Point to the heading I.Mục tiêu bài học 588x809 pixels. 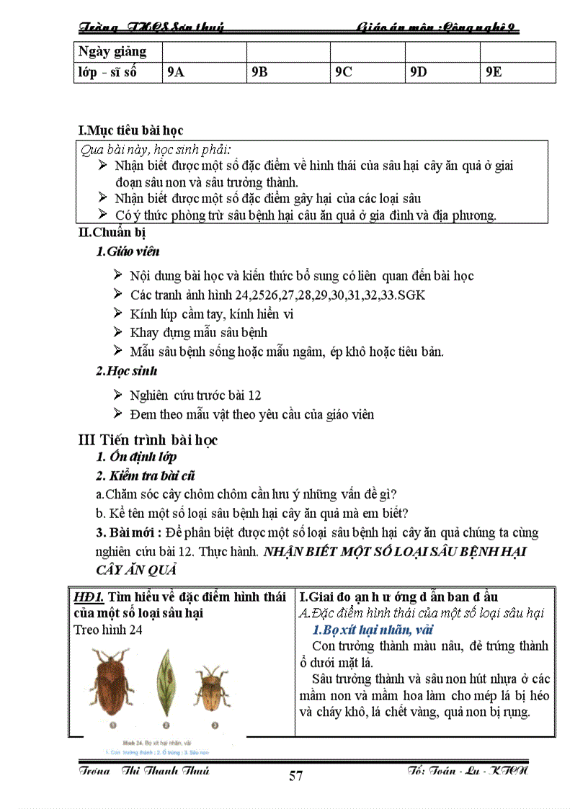[x=130, y=130]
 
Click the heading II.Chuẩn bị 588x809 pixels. [x=112, y=233]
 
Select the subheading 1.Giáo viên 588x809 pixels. [x=128, y=251]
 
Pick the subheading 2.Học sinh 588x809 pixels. [x=126, y=371]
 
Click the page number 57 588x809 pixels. [x=295, y=776]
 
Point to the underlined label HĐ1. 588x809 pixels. [x=89, y=597]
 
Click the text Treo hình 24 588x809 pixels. [x=108, y=629]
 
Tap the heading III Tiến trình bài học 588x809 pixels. [x=148, y=439]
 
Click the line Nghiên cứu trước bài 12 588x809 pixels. [x=195, y=395]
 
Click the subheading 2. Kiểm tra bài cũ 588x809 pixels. [x=145, y=475]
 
